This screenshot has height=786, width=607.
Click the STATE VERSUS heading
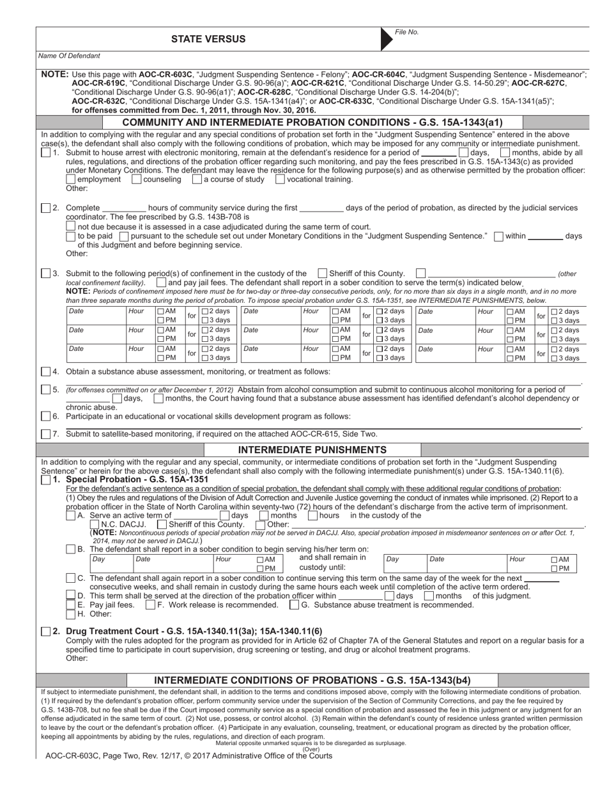click(x=208, y=40)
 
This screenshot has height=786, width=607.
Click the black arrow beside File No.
click(x=387, y=39)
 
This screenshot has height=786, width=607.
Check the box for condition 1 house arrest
click(x=45, y=153)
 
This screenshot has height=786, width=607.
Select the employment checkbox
click(x=71, y=180)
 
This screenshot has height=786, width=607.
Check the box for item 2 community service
click(x=45, y=208)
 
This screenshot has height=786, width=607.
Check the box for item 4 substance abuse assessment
click(x=45, y=371)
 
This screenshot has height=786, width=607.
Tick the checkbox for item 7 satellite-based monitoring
click(x=45, y=434)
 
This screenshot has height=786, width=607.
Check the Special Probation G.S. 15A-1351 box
click(x=45, y=480)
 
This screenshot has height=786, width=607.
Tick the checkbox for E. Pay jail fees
click(x=71, y=605)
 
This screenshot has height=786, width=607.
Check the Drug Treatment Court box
click(x=45, y=631)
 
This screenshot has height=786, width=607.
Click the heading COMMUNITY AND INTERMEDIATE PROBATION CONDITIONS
click(x=312, y=123)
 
